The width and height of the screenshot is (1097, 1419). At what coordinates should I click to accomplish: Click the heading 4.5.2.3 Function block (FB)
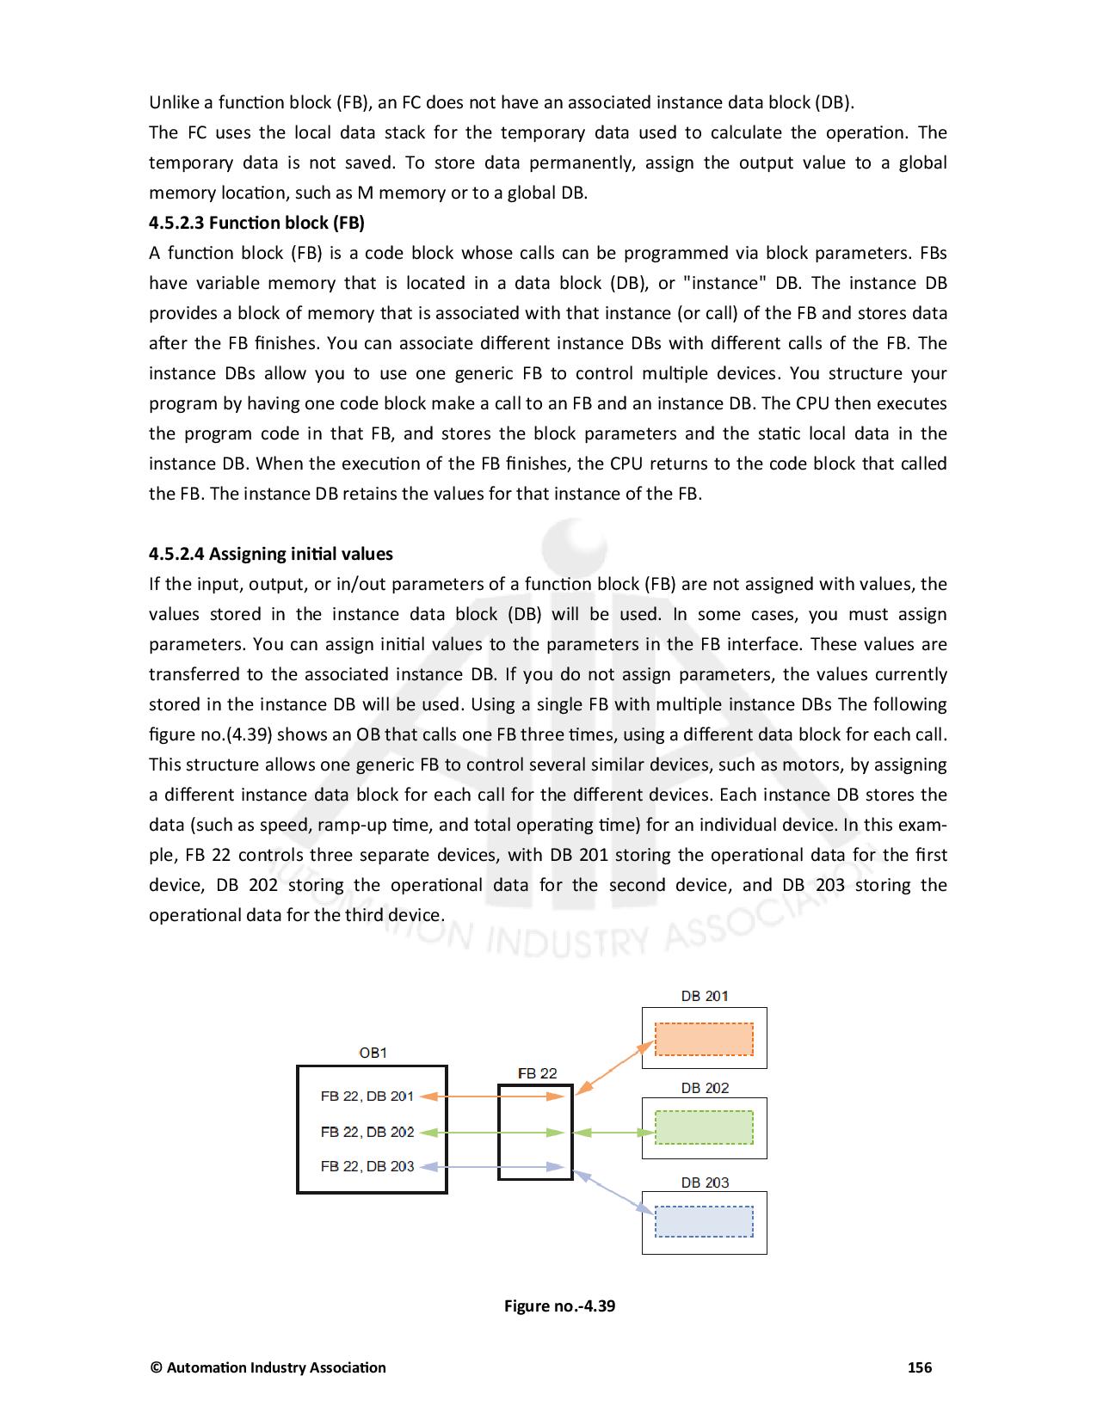(256, 223)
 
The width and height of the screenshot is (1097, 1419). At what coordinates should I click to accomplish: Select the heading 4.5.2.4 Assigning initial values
(270, 554)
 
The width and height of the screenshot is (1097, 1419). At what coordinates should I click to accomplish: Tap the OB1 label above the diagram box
(373, 1052)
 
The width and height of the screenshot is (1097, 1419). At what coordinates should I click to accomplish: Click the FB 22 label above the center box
(537, 1073)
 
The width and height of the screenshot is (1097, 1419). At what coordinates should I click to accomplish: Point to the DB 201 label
(705, 996)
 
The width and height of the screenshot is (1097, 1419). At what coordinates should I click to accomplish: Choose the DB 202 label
(705, 1088)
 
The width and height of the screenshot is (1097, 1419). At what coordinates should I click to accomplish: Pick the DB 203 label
(705, 1182)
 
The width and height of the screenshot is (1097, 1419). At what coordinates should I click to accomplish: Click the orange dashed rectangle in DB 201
(704, 1039)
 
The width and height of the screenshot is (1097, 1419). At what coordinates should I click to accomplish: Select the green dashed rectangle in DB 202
(704, 1127)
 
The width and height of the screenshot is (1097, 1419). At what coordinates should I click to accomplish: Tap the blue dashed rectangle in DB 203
(704, 1221)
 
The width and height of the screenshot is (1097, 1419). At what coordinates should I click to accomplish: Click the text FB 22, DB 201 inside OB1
(367, 1096)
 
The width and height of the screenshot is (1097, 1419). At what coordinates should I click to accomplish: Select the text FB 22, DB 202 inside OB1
(367, 1132)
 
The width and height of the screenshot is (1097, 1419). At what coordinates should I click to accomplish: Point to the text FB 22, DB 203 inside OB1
(367, 1166)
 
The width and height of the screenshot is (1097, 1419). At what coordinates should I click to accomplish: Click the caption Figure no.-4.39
(559, 1306)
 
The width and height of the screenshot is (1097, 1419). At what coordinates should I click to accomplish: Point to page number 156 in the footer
(920, 1367)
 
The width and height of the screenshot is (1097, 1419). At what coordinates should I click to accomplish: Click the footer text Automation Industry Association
(275, 1367)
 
